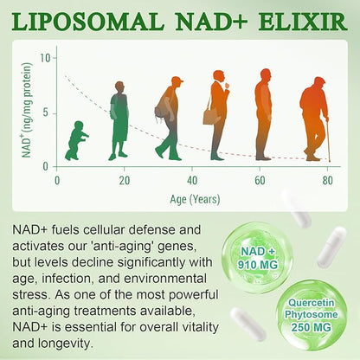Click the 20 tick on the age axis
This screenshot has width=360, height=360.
tap(125, 179)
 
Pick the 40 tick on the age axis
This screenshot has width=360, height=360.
tap(193, 179)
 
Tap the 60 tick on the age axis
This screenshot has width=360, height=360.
tap(260, 179)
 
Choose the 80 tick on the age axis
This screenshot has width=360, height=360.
tap(328, 179)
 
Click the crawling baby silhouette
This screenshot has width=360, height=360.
tap(76, 141)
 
